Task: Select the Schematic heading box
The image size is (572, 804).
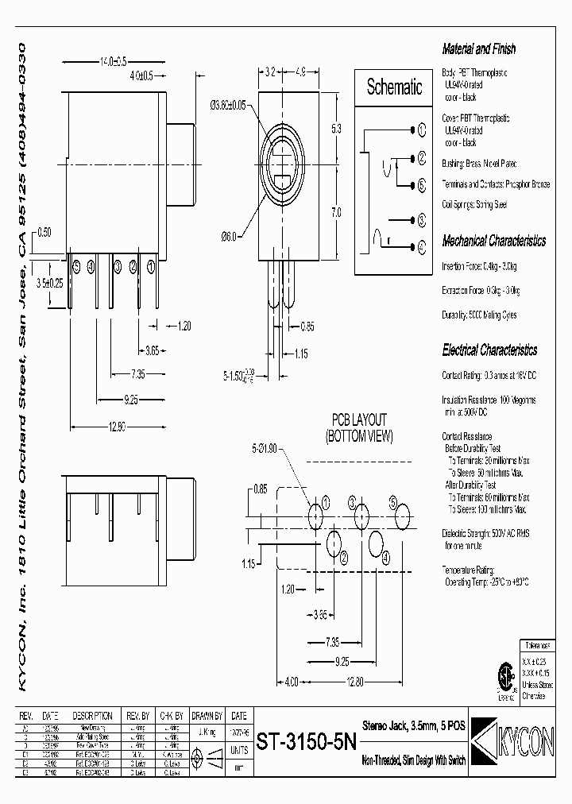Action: coord(394,88)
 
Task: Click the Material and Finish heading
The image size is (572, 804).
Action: coord(478,49)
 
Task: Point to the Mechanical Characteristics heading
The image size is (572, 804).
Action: coord(493,241)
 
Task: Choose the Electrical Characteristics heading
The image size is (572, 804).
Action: coord(489,350)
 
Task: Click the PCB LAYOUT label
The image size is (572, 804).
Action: coord(359,419)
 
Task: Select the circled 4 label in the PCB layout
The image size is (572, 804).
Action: coord(386,558)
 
